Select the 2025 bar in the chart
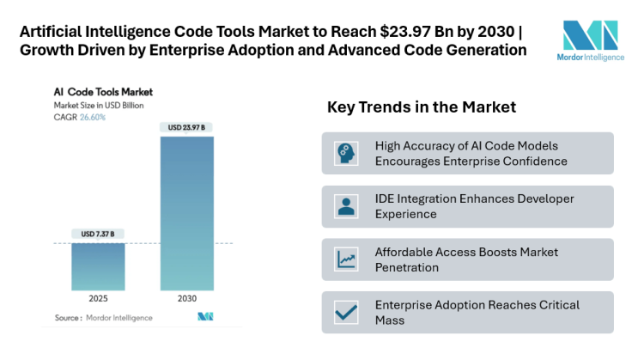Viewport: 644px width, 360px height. point(98,266)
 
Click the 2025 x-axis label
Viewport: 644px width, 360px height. point(98,300)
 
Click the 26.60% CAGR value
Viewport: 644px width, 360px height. point(92,117)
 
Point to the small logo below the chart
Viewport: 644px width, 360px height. point(205,317)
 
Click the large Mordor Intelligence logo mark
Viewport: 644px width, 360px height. point(590,37)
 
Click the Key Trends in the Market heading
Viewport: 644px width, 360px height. point(422,107)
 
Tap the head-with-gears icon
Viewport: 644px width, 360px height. point(346,153)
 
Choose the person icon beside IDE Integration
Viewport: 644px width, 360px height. point(346,206)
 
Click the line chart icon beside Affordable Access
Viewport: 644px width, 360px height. point(346,259)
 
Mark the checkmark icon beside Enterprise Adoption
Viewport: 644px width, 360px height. point(346,312)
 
